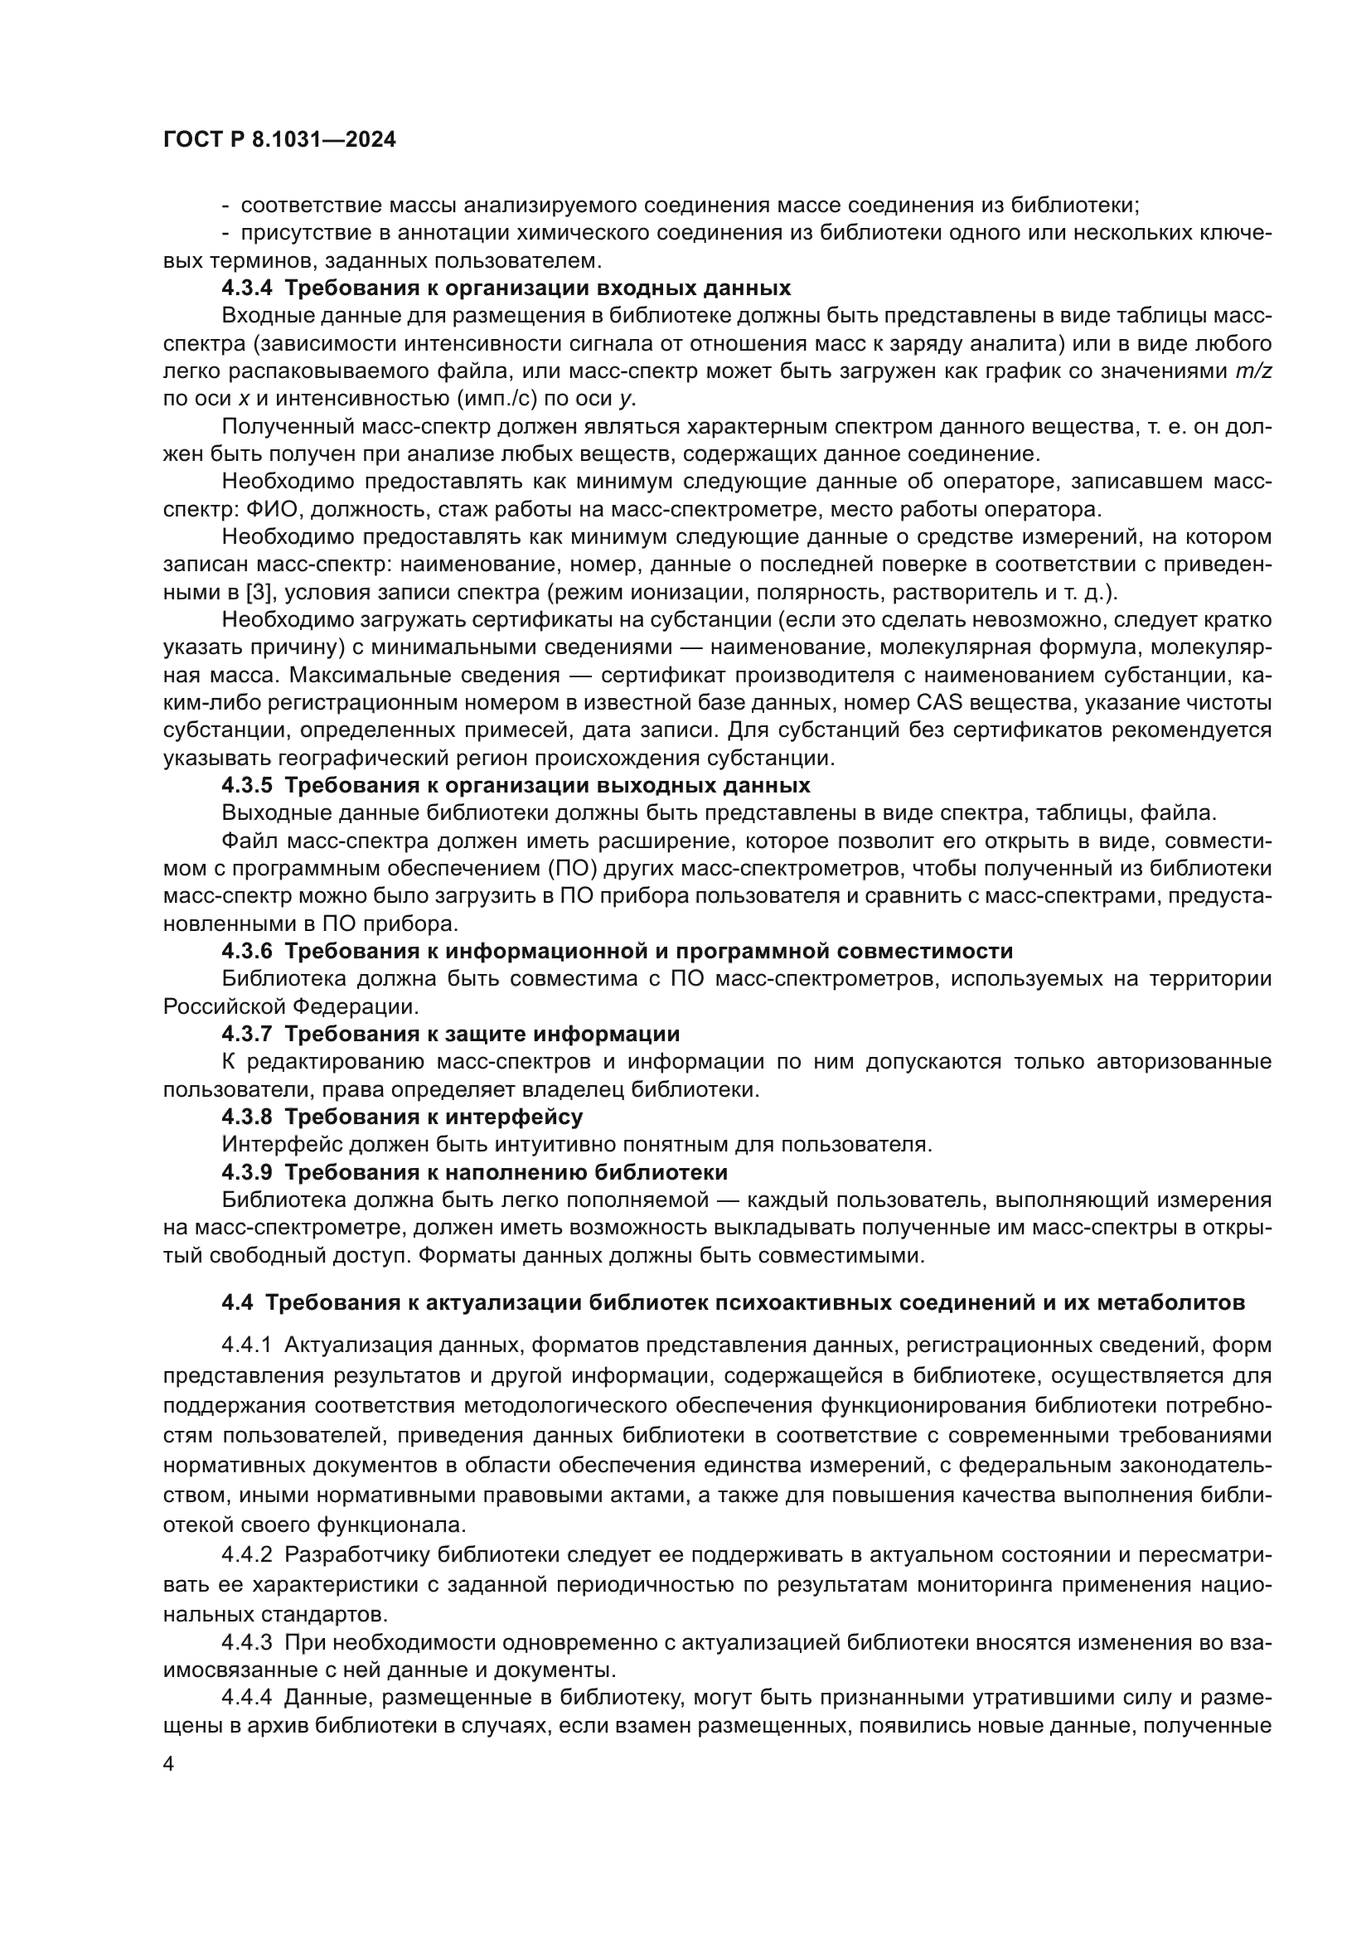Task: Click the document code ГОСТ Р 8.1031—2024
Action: (279, 140)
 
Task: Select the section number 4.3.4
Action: (246, 288)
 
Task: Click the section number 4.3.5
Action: (246, 785)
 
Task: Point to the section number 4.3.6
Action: (246, 951)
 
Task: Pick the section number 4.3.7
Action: (246, 1034)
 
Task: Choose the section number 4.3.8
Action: (246, 1117)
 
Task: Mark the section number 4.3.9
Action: (246, 1172)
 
